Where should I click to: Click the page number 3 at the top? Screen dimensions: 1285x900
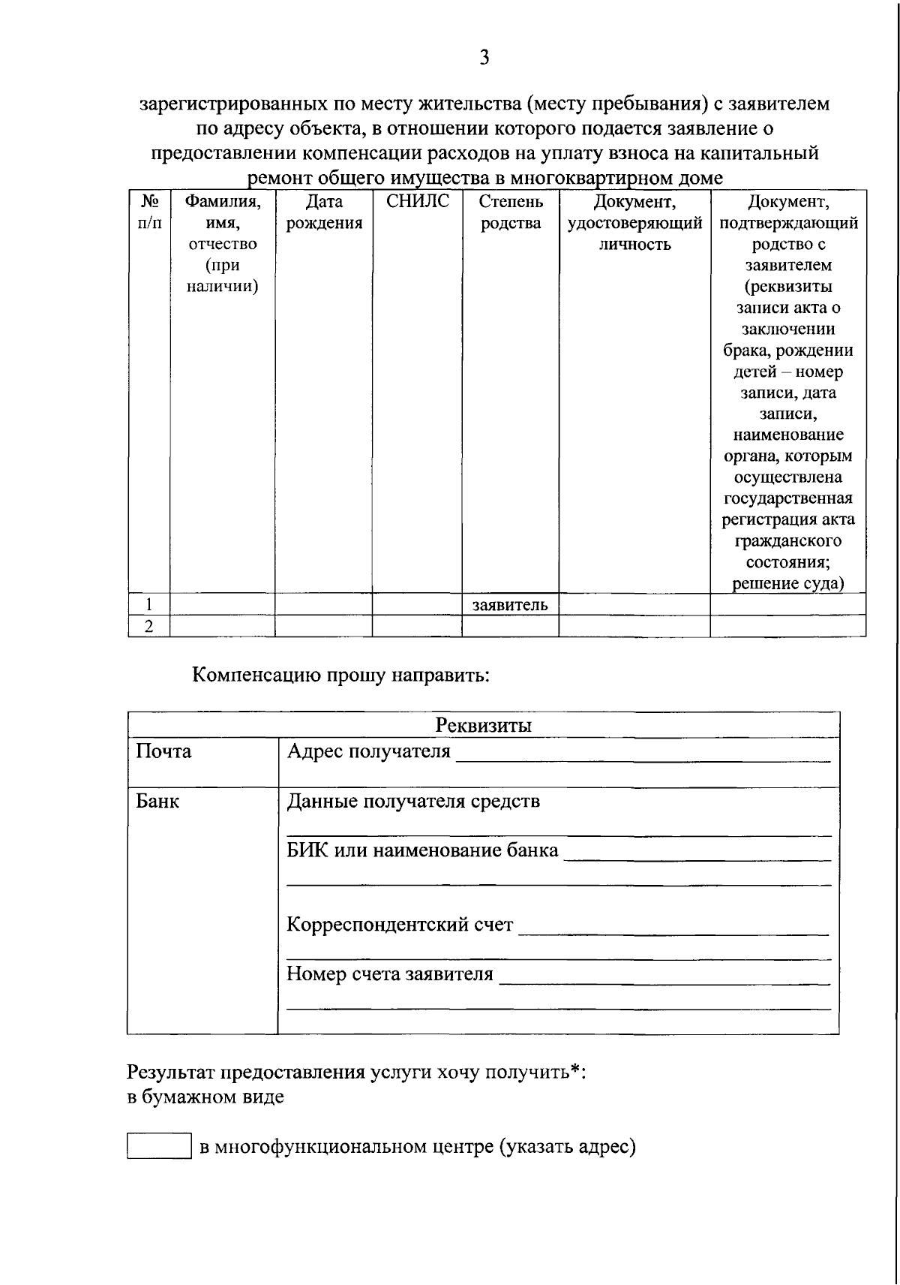click(484, 58)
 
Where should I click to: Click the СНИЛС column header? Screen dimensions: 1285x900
click(417, 202)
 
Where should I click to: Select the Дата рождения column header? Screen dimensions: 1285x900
click(324, 212)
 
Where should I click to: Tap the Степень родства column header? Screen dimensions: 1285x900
click(510, 212)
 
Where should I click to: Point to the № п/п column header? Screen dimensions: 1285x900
click(149, 212)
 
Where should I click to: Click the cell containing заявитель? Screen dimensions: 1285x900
click(510, 605)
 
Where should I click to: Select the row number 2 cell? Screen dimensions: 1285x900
click(149, 627)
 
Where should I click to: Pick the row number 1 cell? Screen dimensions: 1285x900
click(149, 605)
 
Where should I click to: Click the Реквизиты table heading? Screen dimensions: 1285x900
click(484, 726)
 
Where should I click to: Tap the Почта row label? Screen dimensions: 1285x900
click(163, 752)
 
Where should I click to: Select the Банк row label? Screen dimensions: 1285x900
click(157, 802)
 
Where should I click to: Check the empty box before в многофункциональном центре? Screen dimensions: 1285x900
click(159, 1146)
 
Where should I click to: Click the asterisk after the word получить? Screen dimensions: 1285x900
click(575, 1070)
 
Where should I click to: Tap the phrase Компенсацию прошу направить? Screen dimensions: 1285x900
click(341, 675)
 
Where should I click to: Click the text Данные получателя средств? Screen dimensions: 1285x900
click(413, 802)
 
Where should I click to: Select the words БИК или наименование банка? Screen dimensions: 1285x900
click(423, 851)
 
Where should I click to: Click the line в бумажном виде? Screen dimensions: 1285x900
click(205, 1097)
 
